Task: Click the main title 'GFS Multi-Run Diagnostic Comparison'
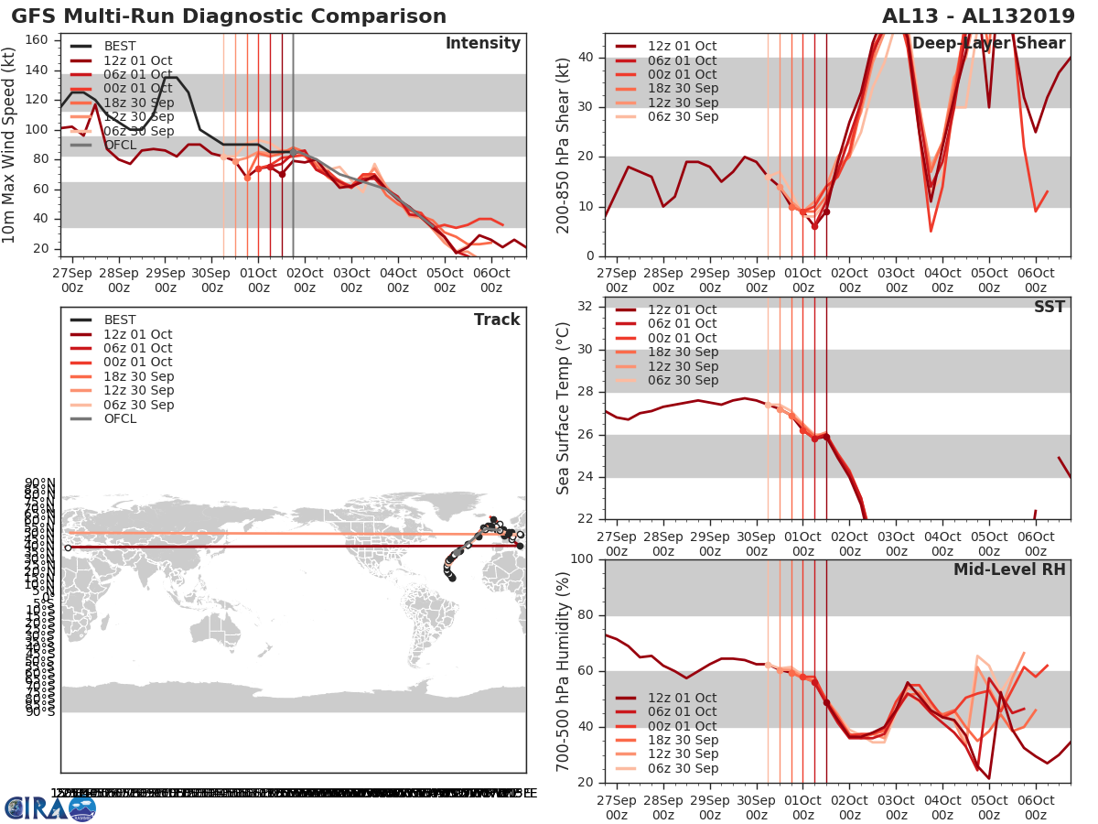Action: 229,16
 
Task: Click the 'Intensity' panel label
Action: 482,44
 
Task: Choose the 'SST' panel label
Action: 1050,307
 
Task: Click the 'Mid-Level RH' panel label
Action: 1009,569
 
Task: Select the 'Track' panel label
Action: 497,320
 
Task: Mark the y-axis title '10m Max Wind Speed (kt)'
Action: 10,145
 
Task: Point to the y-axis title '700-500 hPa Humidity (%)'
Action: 565,670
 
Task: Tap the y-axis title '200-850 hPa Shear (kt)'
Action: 565,145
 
